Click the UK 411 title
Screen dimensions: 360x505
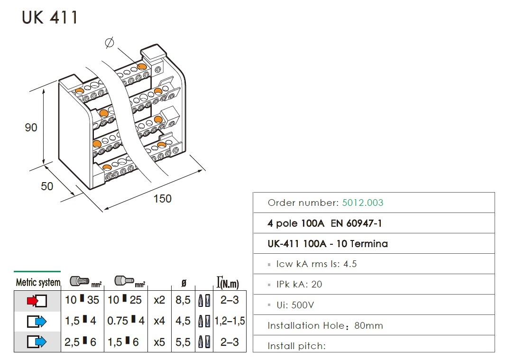[x=50, y=18]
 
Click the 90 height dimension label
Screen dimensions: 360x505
[x=31, y=128]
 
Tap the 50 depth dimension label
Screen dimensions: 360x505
[x=47, y=186]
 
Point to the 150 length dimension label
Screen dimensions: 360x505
[x=162, y=198]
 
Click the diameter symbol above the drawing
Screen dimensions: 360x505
[x=109, y=43]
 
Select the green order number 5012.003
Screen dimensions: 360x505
[x=363, y=203]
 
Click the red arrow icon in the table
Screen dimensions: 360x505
[x=37, y=300]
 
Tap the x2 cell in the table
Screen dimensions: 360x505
[x=159, y=300]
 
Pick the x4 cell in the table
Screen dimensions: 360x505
[x=159, y=321]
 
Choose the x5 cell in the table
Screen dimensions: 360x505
[x=159, y=342]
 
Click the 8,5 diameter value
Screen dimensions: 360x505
[x=183, y=300]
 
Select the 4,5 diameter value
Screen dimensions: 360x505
[x=183, y=321]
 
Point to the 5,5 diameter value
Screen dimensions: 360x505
[x=183, y=342]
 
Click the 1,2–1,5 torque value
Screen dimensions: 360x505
[x=230, y=321]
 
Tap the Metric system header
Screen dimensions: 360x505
[x=38, y=283]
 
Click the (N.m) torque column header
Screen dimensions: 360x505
[x=228, y=284]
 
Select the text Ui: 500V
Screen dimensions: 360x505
[x=295, y=305]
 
